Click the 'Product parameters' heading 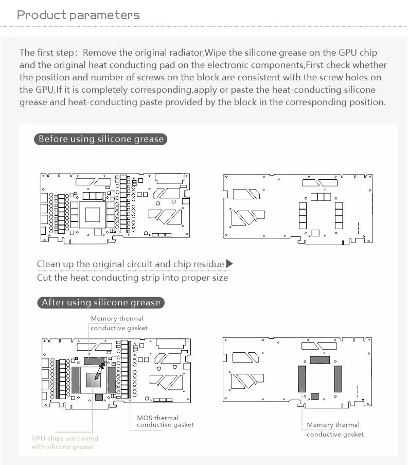click(78, 15)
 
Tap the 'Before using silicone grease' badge click(101, 139)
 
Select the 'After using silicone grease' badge click(101, 302)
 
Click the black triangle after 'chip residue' click(229, 264)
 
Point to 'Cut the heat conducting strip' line click(132, 278)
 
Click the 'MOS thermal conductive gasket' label click(165, 421)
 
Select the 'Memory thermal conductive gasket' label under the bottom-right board click(335, 429)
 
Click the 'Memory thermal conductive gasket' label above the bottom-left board click(119, 323)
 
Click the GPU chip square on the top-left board click(93, 215)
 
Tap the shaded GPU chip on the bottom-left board click(93, 380)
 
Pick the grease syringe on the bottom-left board click(99, 371)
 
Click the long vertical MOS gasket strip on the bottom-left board click(130, 370)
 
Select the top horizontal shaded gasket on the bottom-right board click(320, 360)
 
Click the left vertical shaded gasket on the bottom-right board click(302, 378)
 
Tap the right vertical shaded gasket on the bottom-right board click(338, 378)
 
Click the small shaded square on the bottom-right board click(315, 396)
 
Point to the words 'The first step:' click(48, 53)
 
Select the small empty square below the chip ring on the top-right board click(315, 233)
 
